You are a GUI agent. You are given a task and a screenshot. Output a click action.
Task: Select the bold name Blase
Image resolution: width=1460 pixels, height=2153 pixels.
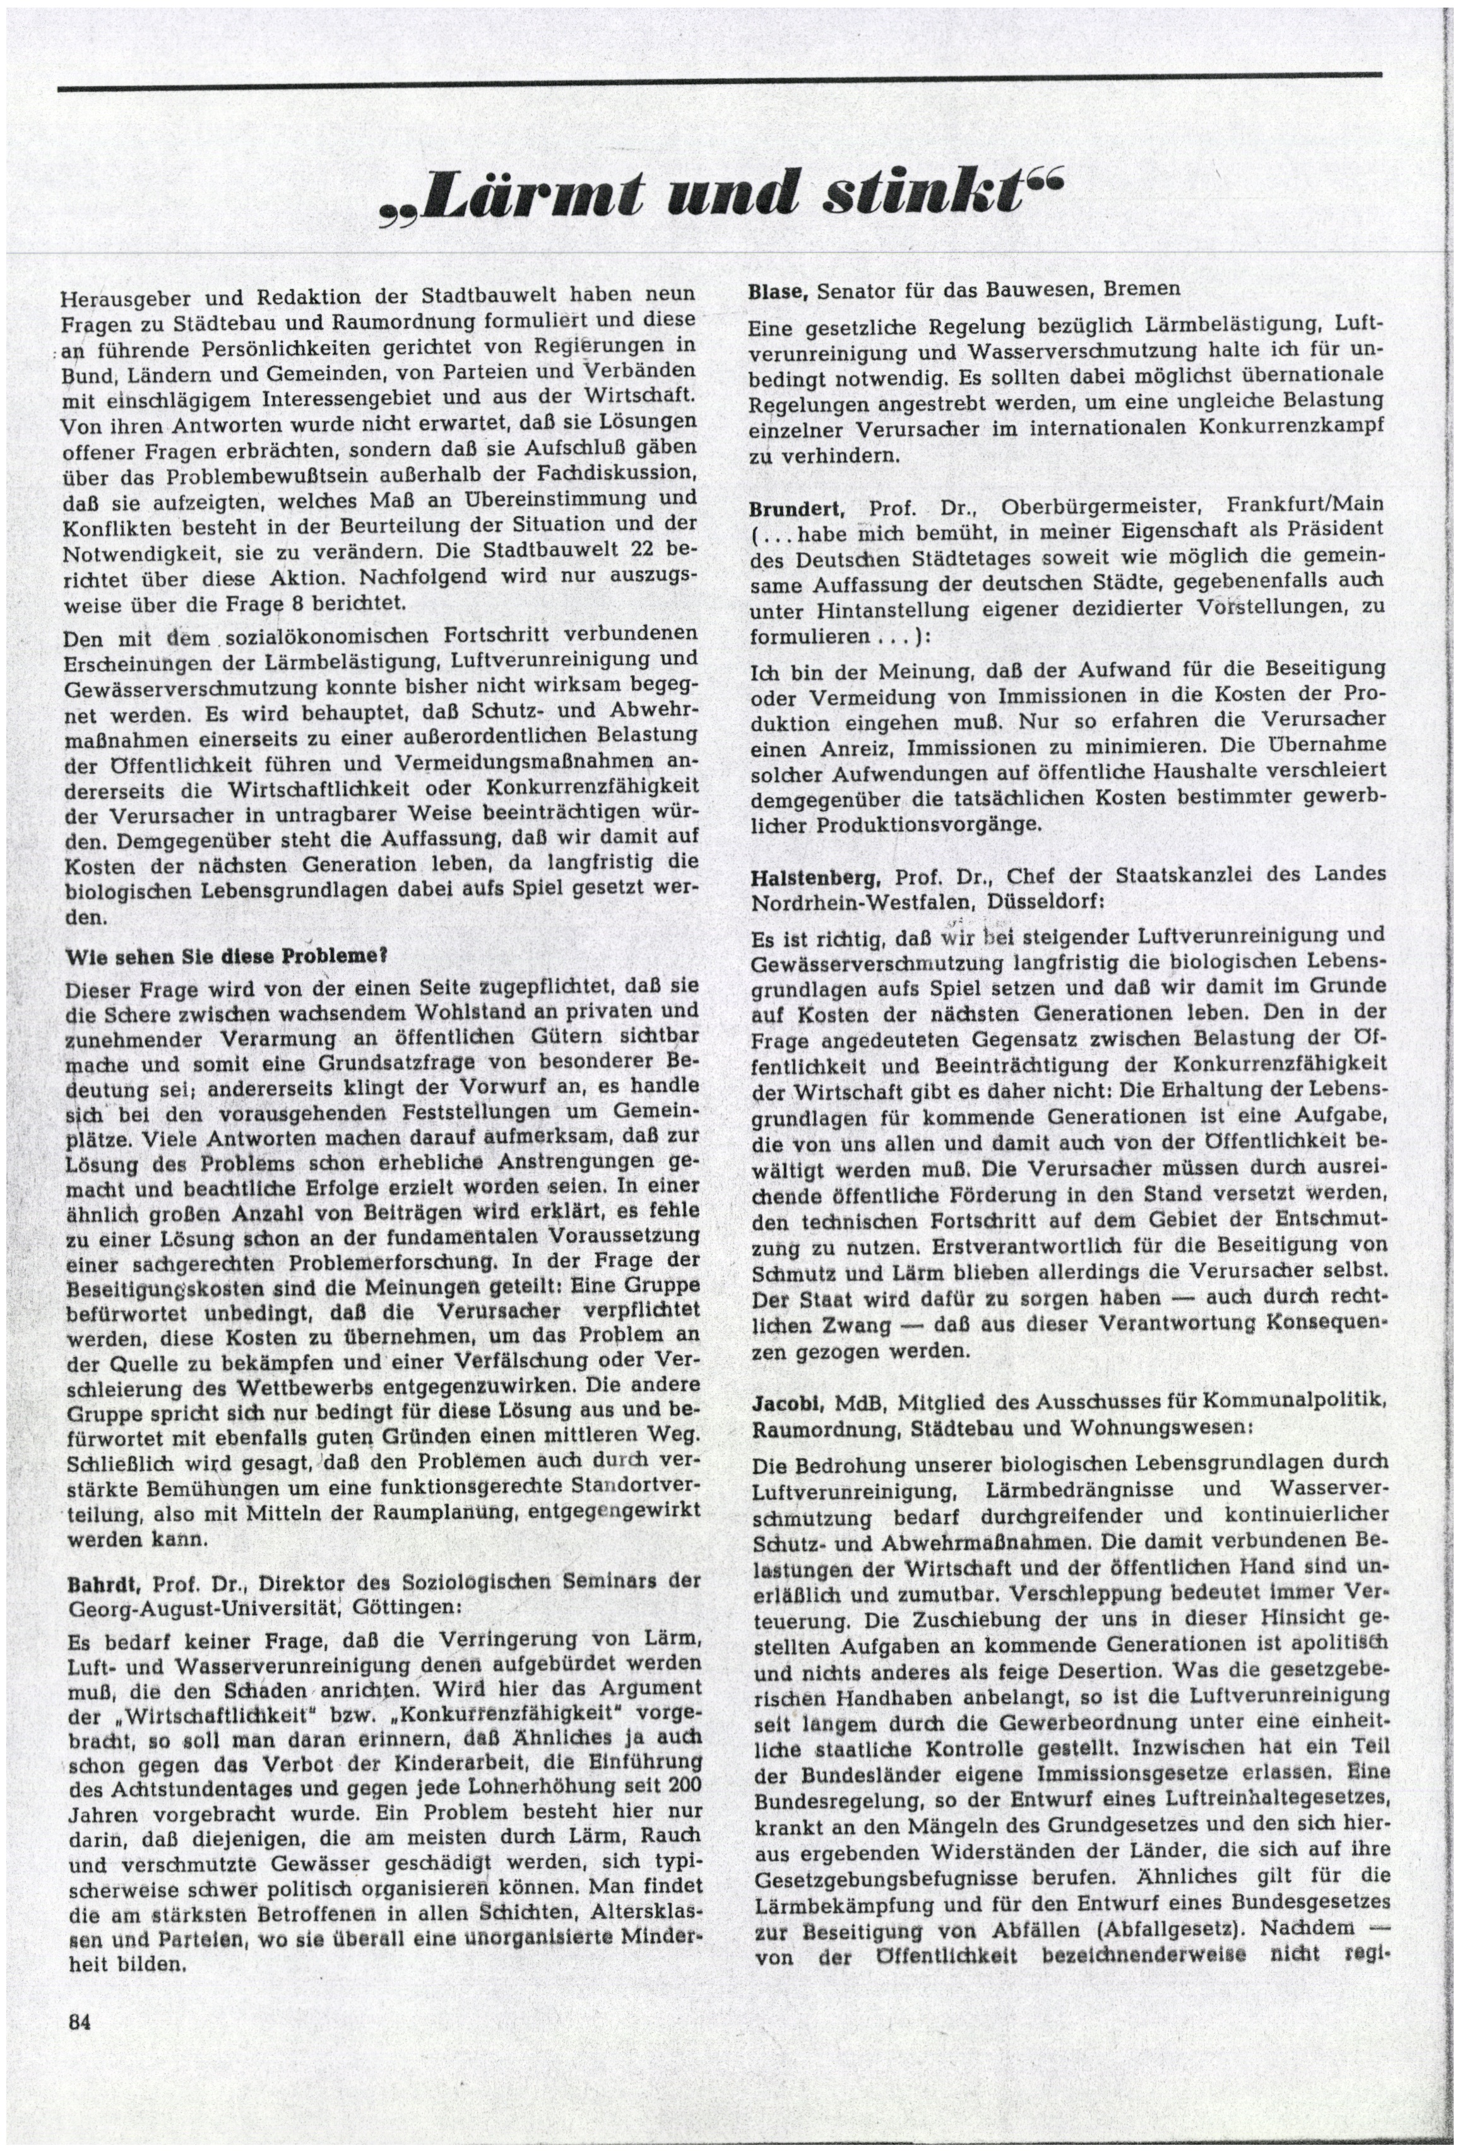coord(779,288)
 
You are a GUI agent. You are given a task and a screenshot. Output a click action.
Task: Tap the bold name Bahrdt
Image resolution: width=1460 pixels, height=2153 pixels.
coord(98,1581)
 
